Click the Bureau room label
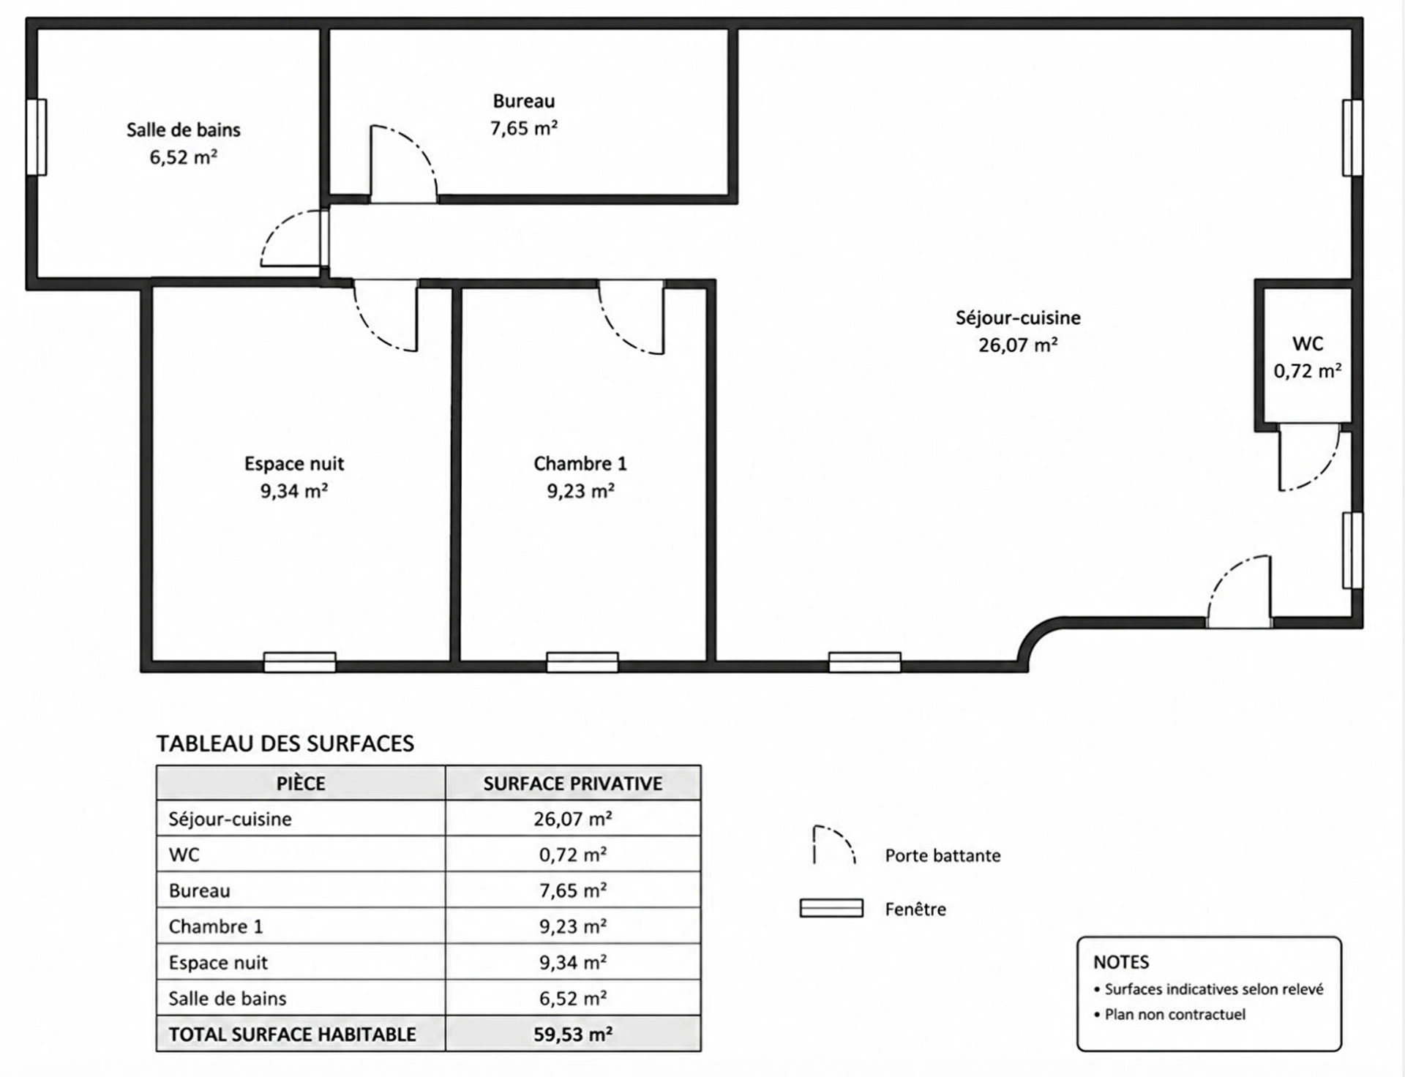524,101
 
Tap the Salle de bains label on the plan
183,130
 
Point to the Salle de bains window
37,138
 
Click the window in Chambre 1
582,662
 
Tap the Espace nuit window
300,662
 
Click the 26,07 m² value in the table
573,819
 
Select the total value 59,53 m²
573,1035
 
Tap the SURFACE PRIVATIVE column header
573,784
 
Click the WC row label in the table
184,855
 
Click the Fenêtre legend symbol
831,908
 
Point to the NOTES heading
1121,962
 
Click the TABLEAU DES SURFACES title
285,743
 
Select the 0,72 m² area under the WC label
1308,371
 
